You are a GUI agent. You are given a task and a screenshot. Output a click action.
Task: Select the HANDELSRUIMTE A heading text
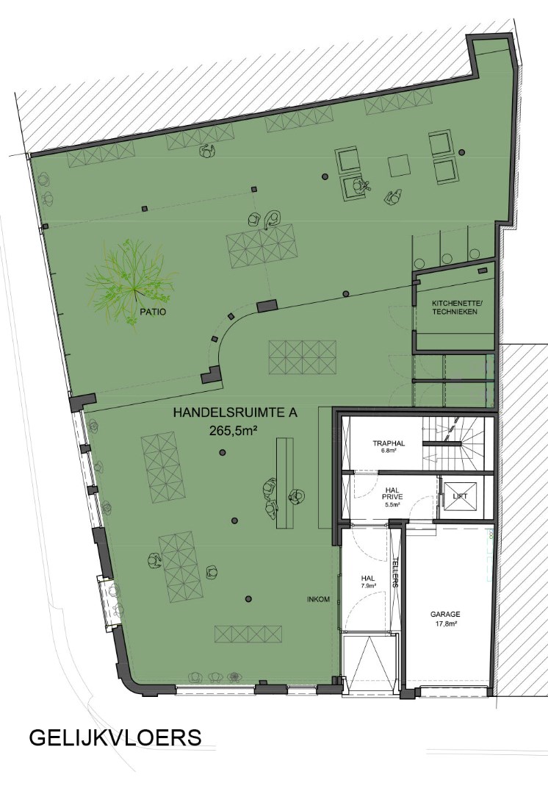click(x=234, y=413)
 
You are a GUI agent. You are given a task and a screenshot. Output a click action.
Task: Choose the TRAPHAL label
click(x=389, y=443)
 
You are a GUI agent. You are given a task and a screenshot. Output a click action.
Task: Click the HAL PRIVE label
click(x=394, y=492)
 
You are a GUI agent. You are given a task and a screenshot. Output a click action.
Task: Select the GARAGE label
click(x=445, y=614)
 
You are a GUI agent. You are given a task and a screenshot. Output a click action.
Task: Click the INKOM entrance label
click(x=319, y=599)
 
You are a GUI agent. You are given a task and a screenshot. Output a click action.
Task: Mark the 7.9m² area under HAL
click(x=368, y=587)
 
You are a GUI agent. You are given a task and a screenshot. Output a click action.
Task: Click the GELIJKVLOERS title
click(x=115, y=737)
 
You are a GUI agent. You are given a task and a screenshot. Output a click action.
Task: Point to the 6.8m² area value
click(x=389, y=451)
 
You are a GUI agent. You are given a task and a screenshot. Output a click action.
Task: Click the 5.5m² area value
click(x=393, y=505)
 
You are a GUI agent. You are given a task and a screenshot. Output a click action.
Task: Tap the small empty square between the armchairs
click(x=399, y=165)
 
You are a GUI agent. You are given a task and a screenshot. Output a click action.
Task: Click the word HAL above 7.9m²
click(x=368, y=579)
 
